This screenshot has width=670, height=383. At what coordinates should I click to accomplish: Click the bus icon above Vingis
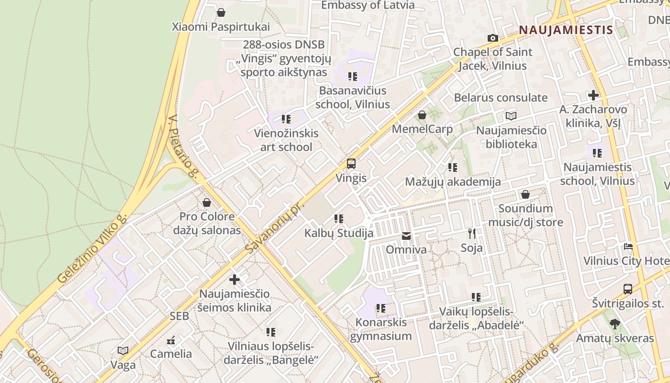[351, 164]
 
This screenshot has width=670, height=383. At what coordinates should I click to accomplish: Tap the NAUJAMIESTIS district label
[566, 30]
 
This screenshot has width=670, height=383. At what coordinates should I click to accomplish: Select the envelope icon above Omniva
[406, 236]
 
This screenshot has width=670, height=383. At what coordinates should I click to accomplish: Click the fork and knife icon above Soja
[472, 234]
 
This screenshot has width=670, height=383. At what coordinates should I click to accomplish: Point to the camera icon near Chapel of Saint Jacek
[492, 38]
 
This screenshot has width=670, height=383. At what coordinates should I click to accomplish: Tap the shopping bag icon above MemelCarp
[422, 115]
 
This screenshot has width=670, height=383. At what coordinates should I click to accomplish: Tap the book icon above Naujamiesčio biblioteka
[511, 116]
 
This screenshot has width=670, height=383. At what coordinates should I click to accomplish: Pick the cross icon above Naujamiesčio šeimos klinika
[234, 280]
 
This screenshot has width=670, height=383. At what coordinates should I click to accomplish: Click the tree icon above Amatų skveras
[615, 324]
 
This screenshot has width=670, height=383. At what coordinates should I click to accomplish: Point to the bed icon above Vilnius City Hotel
[628, 247]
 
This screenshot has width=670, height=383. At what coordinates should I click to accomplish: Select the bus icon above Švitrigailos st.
[628, 289]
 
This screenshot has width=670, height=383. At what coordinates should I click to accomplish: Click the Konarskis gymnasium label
[381, 329]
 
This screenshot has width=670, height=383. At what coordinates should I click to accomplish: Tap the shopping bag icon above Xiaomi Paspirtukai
[221, 12]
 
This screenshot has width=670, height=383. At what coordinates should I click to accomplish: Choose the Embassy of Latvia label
[368, 5]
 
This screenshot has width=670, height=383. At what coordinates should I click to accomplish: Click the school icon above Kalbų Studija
[339, 219]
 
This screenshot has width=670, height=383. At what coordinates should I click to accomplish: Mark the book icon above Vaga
[123, 350]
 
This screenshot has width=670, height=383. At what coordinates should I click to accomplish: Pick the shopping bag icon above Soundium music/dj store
[525, 194]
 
